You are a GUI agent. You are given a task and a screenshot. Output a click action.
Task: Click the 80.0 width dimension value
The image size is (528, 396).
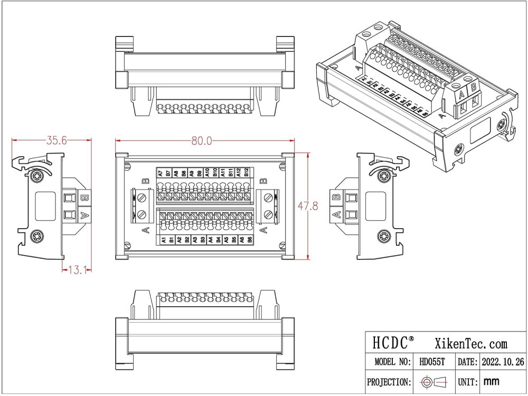[202, 140]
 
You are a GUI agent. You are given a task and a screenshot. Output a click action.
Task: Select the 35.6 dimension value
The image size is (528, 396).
[57, 140]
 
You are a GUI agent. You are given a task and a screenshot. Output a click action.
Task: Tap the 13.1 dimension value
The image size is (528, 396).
[77, 270]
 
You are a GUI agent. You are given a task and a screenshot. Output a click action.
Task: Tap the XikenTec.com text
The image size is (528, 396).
[470, 344]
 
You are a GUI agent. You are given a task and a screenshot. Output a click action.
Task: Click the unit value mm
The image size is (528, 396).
[491, 381]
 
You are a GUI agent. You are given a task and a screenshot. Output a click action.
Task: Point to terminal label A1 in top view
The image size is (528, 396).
[164, 240]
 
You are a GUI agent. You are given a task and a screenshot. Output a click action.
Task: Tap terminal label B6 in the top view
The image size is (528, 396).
[250, 240]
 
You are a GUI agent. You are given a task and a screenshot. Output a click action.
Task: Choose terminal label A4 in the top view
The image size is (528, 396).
[211, 240]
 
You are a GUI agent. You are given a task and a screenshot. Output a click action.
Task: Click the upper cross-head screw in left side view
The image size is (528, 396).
[37, 175]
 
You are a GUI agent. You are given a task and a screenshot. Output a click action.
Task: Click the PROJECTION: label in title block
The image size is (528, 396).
[389, 381]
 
